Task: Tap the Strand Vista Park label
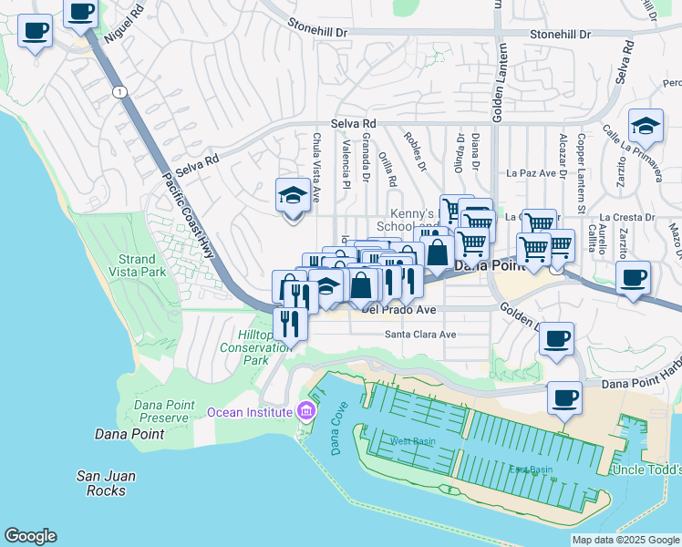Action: point(137,265)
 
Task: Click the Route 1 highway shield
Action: point(119,91)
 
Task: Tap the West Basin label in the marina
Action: point(413,441)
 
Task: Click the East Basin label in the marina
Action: point(531,470)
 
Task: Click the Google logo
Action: point(30,536)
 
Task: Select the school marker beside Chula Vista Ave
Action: point(293,196)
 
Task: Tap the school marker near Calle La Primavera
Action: point(646,127)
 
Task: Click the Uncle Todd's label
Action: point(647,470)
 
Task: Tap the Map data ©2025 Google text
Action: point(625,540)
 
